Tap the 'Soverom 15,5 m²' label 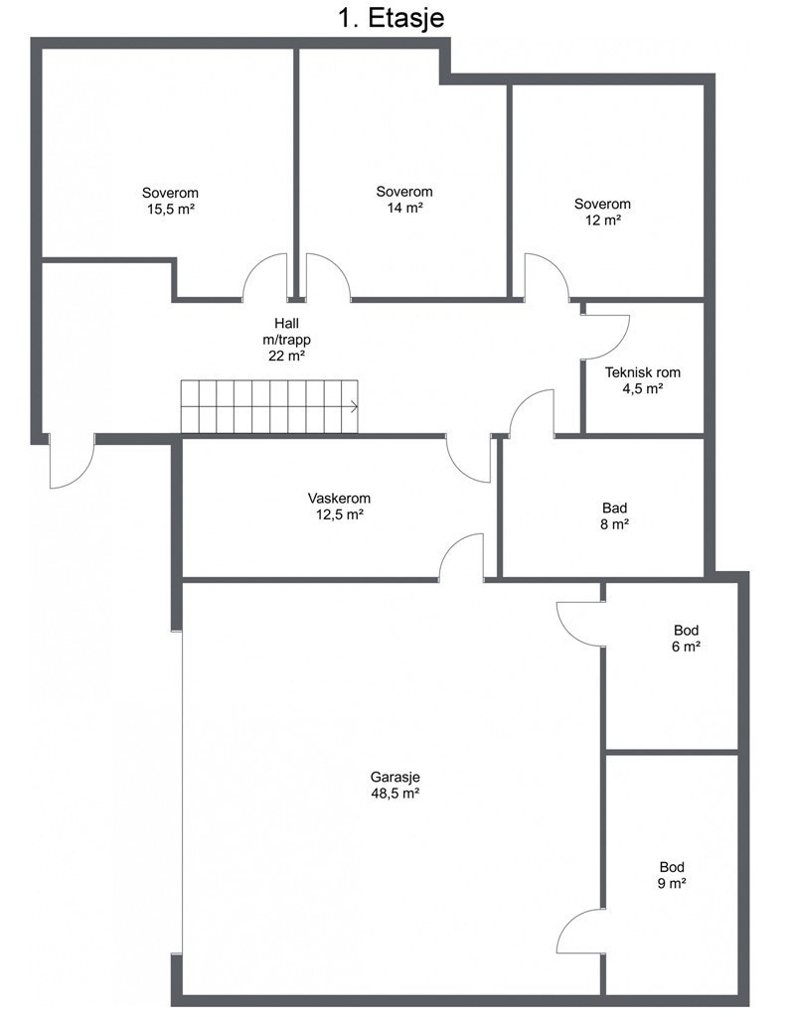[170, 201]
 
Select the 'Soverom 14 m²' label [404, 200]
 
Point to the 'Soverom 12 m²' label [602, 212]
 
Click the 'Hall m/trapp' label [287, 339]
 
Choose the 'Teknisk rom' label [643, 381]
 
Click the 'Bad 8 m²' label [614, 514]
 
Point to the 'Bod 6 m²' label [686, 638]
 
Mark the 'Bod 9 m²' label [672, 874]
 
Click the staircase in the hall [268, 406]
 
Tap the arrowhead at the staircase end [355, 406]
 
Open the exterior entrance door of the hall [71, 461]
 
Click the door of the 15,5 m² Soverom [265, 277]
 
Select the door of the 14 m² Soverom [328, 277]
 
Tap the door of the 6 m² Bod [581, 624]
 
